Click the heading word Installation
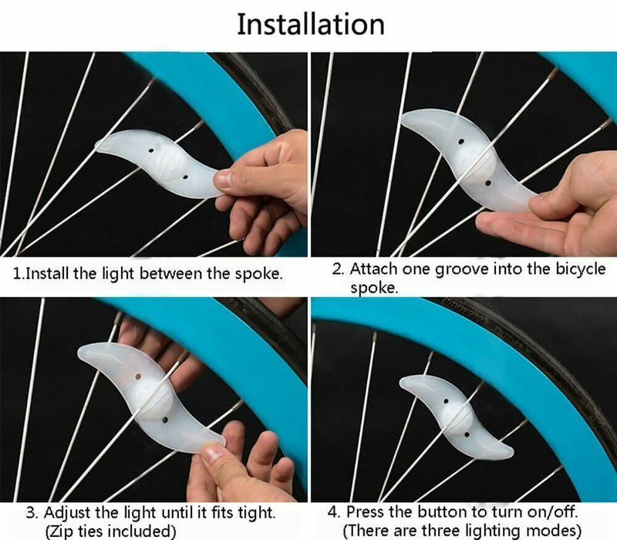pyautogui.click(x=311, y=25)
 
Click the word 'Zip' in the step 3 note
pyautogui.click(x=61, y=532)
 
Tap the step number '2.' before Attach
pyautogui.click(x=339, y=269)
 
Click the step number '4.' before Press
pyautogui.click(x=334, y=512)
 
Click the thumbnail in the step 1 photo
pyautogui.click(x=224, y=179)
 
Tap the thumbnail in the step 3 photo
pyautogui.click(x=214, y=452)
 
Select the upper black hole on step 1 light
pyautogui.click(x=150, y=150)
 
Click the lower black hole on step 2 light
pyautogui.click(x=488, y=183)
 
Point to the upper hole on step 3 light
pyautogui.click(x=138, y=376)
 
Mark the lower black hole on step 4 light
pyautogui.click(x=467, y=435)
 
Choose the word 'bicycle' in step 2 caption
pyautogui.click(x=581, y=270)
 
